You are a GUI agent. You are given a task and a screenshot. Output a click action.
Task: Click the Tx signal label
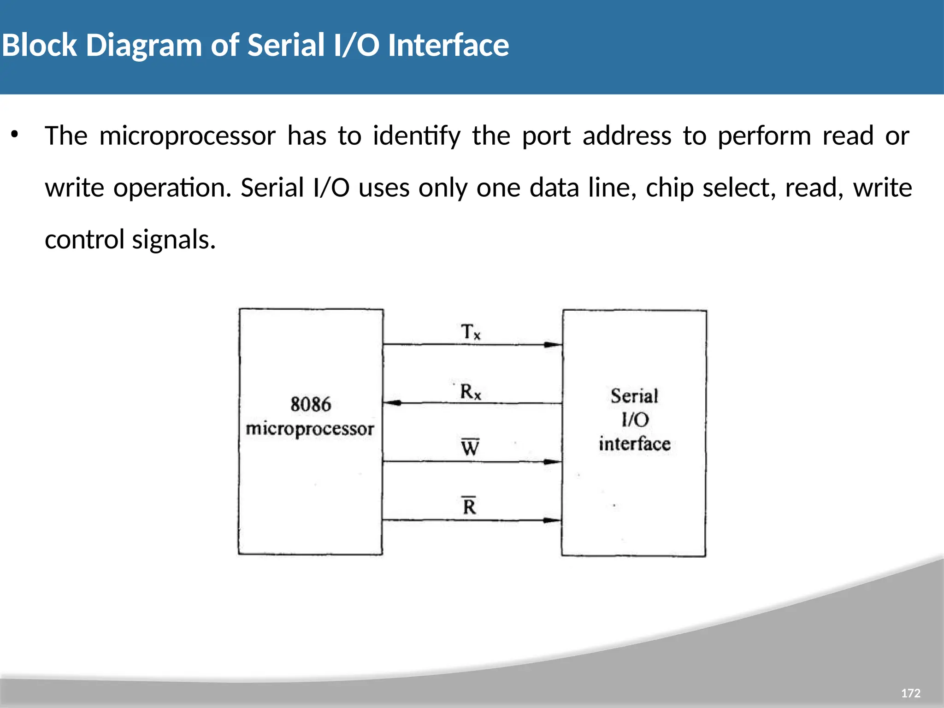pyautogui.click(x=470, y=332)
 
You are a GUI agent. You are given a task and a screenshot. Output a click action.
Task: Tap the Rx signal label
pyautogui.click(x=470, y=392)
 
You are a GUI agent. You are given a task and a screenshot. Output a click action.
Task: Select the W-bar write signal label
pyautogui.click(x=470, y=447)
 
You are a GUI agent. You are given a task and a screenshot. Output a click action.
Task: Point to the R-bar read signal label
pyautogui.click(x=469, y=506)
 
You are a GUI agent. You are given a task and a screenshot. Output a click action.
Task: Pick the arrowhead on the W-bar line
pyautogui.click(x=552, y=462)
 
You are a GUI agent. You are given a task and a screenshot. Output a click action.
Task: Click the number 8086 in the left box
pyautogui.click(x=311, y=405)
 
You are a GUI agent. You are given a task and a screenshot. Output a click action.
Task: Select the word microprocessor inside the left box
pyautogui.click(x=310, y=429)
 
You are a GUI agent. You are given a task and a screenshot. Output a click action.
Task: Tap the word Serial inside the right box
pyautogui.click(x=634, y=396)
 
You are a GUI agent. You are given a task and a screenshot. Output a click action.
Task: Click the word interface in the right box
pyautogui.click(x=634, y=444)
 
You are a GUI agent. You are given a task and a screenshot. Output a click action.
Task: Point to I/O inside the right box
pyautogui.click(x=635, y=420)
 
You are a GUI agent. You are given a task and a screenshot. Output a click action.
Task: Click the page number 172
pyautogui.click(x=910, y=693)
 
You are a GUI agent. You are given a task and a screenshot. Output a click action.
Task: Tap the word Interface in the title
pyautogui.click(x=448, y=45)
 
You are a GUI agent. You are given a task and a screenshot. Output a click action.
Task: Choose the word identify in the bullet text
pyautogui.click(x=417, y=136)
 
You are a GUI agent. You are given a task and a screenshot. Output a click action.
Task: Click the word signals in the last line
pyautogui.click(x=174, y=240)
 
